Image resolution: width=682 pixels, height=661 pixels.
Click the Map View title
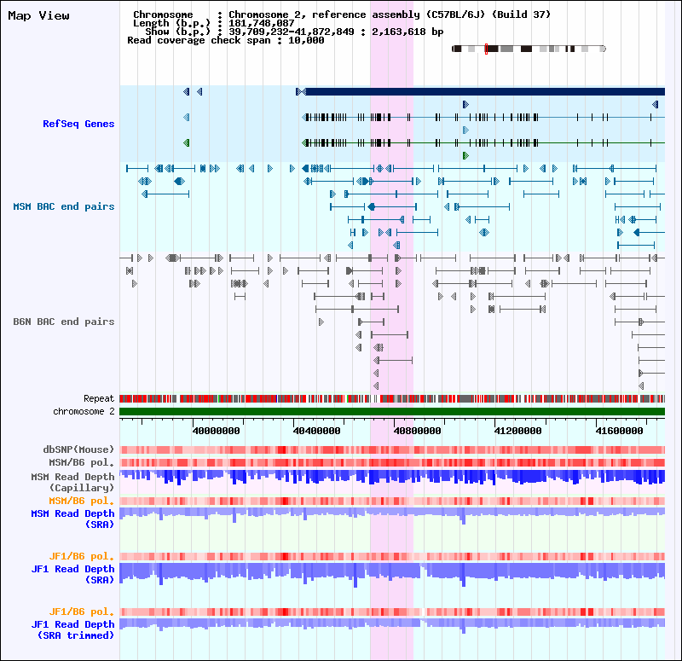coord(38,15)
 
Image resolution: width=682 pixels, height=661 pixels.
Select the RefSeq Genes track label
coord(78,124)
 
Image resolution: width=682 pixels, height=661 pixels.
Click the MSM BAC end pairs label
coord(64,206)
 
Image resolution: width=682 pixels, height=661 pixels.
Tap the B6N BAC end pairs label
coord(64,322)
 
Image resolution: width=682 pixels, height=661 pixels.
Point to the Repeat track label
coord(99,398)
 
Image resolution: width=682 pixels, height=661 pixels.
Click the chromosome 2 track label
coord(84,411)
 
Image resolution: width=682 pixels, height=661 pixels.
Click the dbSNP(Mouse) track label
coord(79,449)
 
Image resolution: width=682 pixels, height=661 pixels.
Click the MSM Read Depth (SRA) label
coord(72,519)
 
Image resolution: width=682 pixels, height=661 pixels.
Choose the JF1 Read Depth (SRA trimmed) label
coord(72,629)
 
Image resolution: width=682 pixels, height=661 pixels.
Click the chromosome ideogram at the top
coord(529,49)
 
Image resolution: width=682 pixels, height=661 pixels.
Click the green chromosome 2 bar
coord(392,412)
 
